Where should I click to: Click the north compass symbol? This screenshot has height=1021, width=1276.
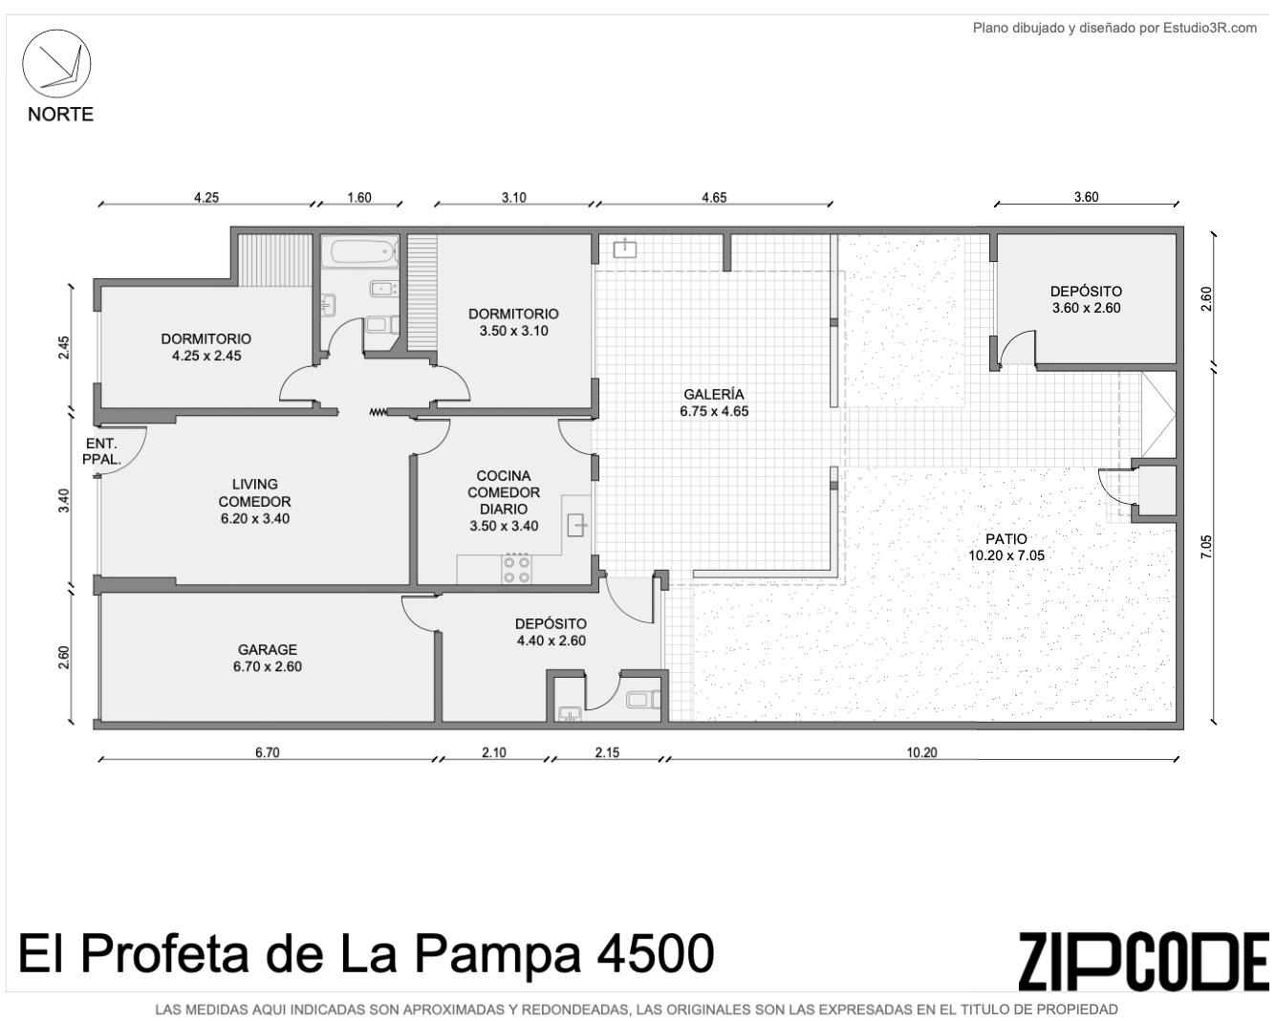(x=56, y=63)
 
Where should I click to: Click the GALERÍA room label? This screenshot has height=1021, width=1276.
(x=714, y=394)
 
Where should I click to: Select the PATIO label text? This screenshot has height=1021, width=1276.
(x=1006, y=538)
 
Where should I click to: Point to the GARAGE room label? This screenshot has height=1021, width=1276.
(x=268, y=650)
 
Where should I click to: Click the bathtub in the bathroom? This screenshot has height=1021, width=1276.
(x=364, y=251)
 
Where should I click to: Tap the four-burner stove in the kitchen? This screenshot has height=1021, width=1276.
(x=516, y=569)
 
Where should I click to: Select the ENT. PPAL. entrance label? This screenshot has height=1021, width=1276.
(x=101, y=451)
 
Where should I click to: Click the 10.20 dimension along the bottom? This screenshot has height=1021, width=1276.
(x=921, y=752)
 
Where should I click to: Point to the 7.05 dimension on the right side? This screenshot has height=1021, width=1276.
(x=1206, y=547)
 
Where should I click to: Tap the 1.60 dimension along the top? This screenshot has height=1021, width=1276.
(x=359, y=198)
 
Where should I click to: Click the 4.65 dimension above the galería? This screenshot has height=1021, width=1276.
(x=714, y=198)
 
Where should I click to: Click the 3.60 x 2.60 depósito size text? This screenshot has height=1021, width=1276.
(x=1086, y=308)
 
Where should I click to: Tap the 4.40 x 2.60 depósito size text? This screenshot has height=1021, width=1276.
(x=551, y=641)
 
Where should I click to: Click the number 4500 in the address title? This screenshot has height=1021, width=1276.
(x=655, y=954)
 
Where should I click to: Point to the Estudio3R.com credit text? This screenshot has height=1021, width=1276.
(x=1210, y=28)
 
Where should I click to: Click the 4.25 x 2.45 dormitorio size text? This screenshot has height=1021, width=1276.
(x=206, y=356)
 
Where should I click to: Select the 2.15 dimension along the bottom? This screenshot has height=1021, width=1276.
(x=607, y=752)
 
